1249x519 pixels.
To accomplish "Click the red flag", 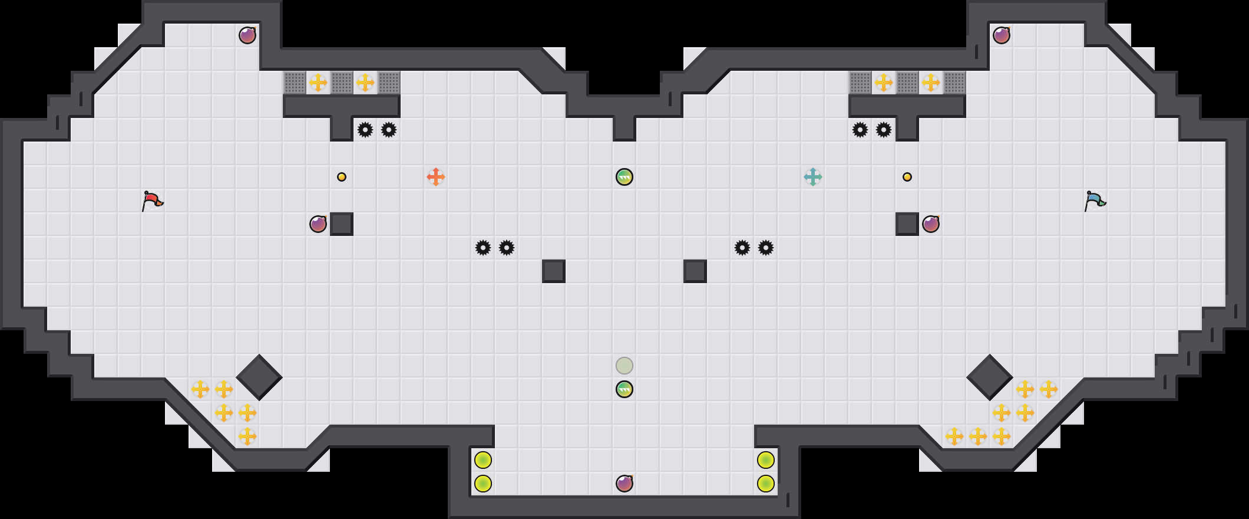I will pos(152,201).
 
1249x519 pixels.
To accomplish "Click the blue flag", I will pos(1095,201).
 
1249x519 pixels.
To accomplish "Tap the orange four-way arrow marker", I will pos(436,177).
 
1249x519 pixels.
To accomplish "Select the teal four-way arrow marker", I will pos(813,177).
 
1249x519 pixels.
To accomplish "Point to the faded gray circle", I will pos(624,366).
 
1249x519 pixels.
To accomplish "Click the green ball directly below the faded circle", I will pos(624,389).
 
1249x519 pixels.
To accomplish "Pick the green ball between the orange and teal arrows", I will pos(624,177).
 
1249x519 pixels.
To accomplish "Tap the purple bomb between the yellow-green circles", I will pos(624,484).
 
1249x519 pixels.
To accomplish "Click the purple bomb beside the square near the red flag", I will pos(318,224).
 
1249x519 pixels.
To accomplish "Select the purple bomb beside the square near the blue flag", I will pos(931,224).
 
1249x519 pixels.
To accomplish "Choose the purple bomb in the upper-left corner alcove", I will pos(247,35).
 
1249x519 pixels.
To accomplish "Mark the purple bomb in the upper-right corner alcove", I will pos(1002,35).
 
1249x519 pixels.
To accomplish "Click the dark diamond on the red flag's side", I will pos(259,377).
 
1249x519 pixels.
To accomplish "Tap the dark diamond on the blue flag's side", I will pos(990,377).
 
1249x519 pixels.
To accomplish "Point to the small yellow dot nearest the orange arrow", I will pos(342,177).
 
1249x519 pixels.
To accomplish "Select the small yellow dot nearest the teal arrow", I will pos(907,177).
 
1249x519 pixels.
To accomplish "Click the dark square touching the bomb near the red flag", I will pos(342,224).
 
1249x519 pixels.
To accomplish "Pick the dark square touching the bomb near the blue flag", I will pos(907,224).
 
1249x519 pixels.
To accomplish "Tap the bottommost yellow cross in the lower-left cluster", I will pos(247,436).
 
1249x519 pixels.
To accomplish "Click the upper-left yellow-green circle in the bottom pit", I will pos(483,460).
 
